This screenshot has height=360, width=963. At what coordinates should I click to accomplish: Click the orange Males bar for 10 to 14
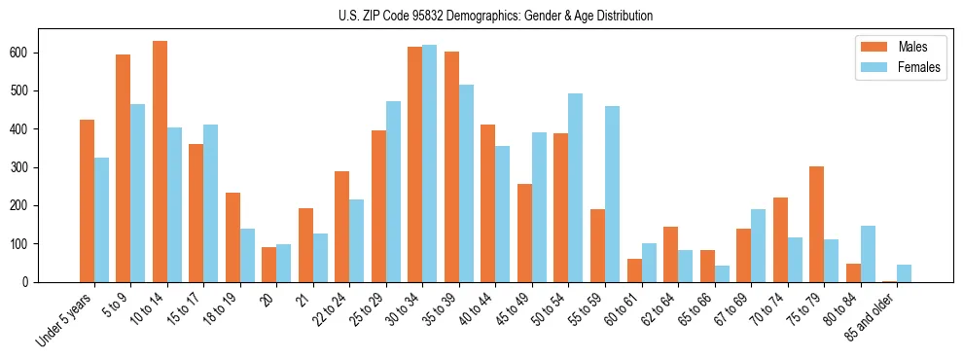tap(160, 162)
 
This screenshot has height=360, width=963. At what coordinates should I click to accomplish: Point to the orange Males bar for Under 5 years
tap(87, 200)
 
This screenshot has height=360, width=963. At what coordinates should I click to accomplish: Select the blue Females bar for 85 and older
tap(904, 273)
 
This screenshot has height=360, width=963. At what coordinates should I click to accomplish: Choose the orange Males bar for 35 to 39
tap(451, 166)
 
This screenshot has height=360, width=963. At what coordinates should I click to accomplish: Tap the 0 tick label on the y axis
tap(28, 282)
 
